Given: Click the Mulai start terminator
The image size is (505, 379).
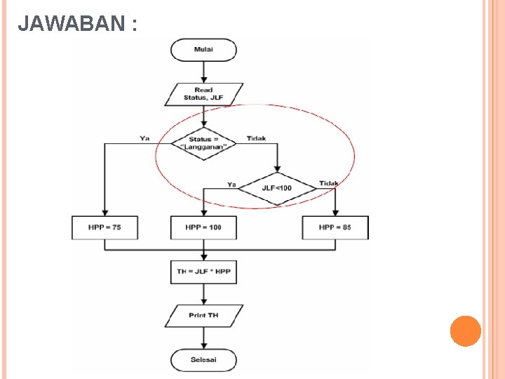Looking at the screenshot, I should point(203,50).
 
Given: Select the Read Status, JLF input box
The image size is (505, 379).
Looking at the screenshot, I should point(203,94).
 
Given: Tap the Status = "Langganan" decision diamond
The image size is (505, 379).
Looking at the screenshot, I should point(203,143).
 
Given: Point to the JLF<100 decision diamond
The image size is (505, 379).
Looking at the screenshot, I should point(278,188).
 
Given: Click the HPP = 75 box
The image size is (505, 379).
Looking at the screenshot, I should point(105,227).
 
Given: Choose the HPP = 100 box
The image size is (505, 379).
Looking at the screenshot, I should point(203,227).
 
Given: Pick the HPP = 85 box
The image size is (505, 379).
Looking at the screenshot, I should point(335,227).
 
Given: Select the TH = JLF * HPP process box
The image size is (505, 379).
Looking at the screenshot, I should point(203,272).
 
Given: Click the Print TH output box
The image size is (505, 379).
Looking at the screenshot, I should point(203,315).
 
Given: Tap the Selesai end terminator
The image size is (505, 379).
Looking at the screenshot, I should point(203,360).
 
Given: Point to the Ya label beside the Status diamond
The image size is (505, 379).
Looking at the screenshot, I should point(144,138).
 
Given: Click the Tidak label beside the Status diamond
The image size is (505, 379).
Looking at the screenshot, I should point(256,138).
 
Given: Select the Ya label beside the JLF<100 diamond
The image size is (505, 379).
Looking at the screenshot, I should point(231,184).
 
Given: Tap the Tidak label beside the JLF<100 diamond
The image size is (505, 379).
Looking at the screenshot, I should point(328,183).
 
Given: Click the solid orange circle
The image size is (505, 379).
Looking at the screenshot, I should point(465,331).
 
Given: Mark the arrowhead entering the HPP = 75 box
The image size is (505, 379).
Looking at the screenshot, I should point(105,212).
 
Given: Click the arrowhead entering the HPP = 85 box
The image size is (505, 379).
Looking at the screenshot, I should point(335,212).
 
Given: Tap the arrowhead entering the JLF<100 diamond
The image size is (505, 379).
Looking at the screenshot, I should point(278,169).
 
